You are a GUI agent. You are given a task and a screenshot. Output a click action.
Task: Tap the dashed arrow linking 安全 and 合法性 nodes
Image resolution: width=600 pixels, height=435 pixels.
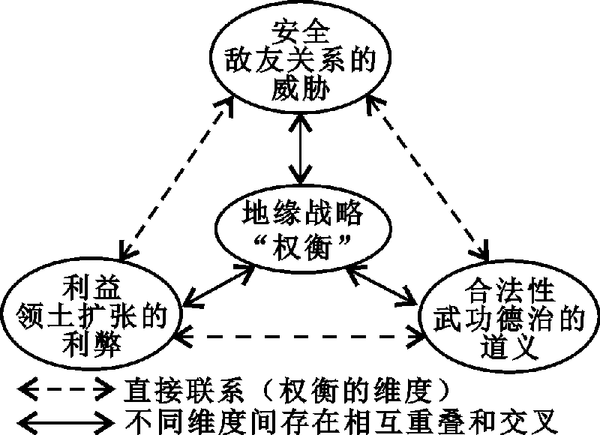click(427, 176)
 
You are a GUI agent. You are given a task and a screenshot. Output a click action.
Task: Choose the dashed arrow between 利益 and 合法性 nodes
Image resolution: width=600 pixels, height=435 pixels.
click(300, 337)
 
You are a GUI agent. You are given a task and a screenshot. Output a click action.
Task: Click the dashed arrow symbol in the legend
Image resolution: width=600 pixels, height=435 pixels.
click(63, 388)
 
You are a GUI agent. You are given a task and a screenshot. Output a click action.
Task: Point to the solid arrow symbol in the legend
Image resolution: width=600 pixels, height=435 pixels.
click(63, 416)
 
